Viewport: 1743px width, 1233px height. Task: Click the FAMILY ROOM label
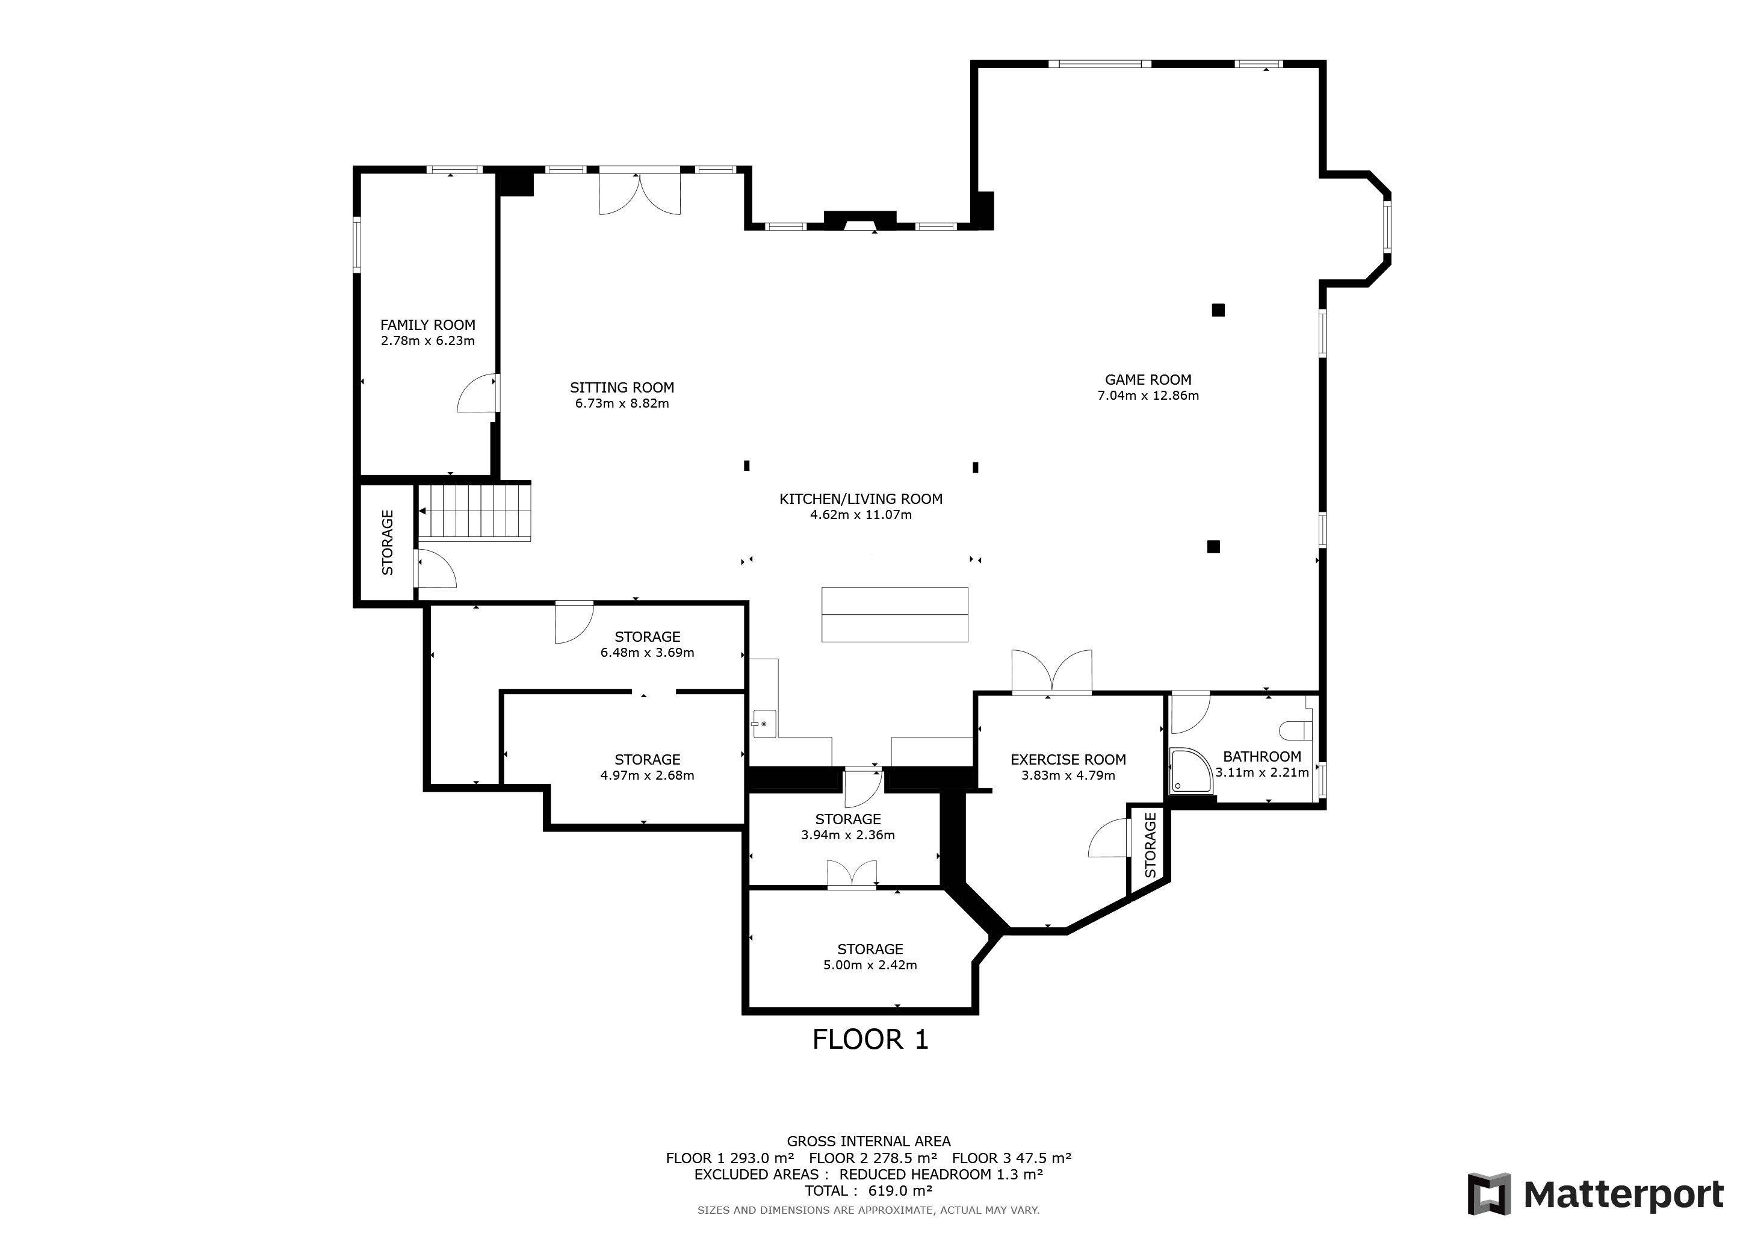(x=427, y=325)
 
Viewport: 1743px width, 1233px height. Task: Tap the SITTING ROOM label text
(x=622, y=387)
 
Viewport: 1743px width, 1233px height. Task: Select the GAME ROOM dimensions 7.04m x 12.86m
(x=1148, y=396)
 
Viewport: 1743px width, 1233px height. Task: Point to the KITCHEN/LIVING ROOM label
(x=861, y=499)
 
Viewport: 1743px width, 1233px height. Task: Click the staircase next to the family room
(x=474, y=512)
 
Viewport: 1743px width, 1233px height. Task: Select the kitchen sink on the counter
(x=761, y=724)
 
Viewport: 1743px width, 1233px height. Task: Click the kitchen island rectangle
(x=895, y=614)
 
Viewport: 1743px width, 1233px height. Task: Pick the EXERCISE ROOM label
(x=1068, y=759)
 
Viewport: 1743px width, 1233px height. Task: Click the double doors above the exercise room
(x=1052, y=671)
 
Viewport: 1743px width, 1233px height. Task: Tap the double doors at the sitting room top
(x=640, y=193)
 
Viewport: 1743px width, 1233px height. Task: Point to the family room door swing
(x=477, y=393)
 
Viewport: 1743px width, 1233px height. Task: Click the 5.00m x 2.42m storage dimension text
(x=870, y=965)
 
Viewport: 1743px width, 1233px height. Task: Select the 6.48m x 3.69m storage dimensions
(x=647, y=652)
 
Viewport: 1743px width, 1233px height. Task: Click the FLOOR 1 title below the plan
(x=870, y=1039)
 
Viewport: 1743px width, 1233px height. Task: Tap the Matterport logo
(x=1595, y=1193)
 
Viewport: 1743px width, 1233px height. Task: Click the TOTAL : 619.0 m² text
(x=868, y=1190)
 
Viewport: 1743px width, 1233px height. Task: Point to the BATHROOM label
(x=1262, y=756)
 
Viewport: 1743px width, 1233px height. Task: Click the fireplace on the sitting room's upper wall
(x=860, y=220)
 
